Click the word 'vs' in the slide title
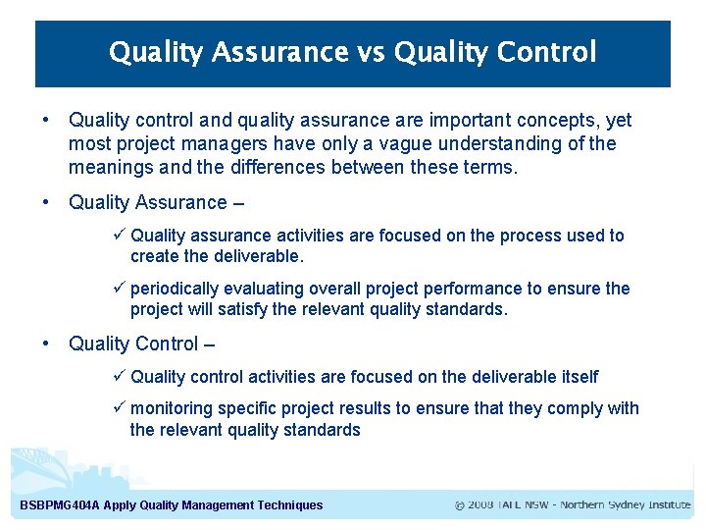pyautogui.click(x=372, y=52)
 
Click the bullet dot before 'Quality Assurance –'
pyautogui.click(x=46, y=202)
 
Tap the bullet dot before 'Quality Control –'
pyautogui.click(x=46, y=344)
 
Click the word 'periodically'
pyautogui.click(x=174, y=289)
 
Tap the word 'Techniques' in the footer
pyautogui.click(x=289, y=505)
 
